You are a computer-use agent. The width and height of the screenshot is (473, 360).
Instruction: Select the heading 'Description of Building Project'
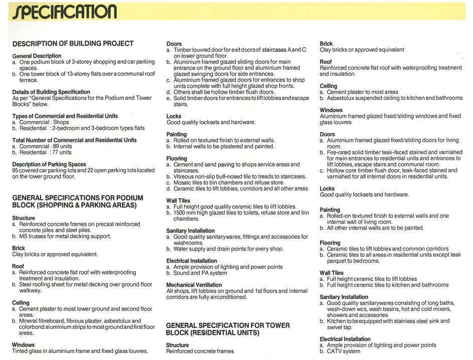(73, 44)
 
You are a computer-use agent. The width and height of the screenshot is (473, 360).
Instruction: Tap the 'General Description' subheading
(37, 56)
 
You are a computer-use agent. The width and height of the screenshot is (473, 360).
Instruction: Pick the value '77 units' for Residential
(61, 152)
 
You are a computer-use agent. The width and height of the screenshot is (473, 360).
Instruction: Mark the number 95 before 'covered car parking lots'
(16, 170)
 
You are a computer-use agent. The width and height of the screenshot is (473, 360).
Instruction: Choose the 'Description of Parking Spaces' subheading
(49, 164)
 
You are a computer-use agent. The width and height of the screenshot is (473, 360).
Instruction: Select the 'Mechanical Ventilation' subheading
(195, 285)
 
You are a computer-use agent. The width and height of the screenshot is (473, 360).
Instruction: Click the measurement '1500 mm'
(186, 212)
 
